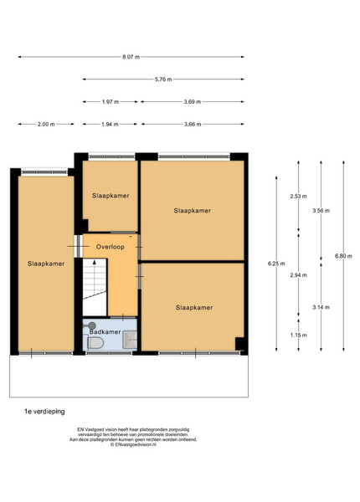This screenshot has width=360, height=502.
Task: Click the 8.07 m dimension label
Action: (x=131, y=57)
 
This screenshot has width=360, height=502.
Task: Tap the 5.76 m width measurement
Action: (x=163, y=79)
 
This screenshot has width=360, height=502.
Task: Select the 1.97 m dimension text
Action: (x=111, y=102)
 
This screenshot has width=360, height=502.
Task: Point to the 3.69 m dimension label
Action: (x=193, y=102)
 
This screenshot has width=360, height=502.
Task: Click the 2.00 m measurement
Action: (x=46, y=124)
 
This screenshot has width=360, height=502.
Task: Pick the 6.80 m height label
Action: (x=343, y=256)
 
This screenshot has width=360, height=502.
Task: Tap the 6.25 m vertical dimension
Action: (x=276, y=264)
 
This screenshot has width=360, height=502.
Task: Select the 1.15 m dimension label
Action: (x=299, y=336)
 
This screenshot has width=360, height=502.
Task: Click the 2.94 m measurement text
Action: (x=299, y=275)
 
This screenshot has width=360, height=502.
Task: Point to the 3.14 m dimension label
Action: (x=321, y=307)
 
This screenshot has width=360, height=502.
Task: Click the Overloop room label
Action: (x=111, y=247)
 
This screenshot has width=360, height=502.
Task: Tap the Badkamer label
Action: (x=105, y=331)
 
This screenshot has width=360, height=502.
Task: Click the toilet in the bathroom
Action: (x=95, y=342)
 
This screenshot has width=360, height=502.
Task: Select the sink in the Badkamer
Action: (x=130, y=340)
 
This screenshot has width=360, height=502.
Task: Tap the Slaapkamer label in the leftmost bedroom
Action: (x=46, y=264)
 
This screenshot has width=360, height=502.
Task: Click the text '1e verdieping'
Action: (x=44, y=412)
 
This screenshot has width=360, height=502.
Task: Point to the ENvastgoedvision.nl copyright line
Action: (x=133, y=444)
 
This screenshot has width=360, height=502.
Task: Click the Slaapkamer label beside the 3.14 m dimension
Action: (x=194, y=307)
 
